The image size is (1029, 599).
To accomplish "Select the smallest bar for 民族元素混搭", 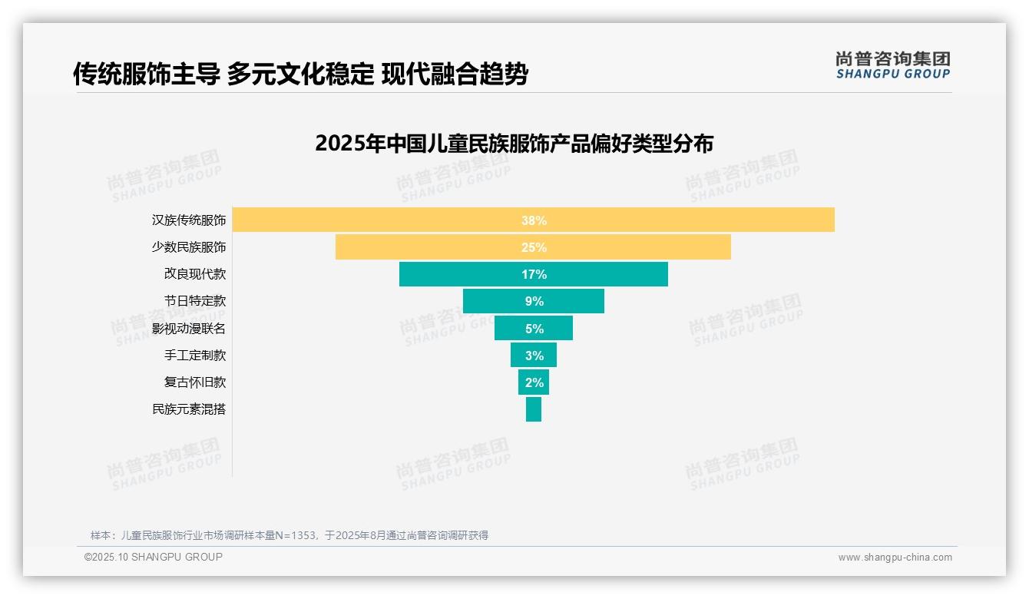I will (534, 409).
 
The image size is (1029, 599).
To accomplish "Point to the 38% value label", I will (534, 220).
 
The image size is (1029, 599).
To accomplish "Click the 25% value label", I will (534, 247).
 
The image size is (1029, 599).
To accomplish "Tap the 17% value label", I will (534, 274).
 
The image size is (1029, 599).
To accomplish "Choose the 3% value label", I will (534, 356).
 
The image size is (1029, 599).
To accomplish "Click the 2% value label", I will (534, 382).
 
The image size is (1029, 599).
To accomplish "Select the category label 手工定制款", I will (195, 356).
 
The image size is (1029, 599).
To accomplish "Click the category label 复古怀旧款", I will (195, 382).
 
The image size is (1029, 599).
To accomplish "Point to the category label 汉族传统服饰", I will (189, 220).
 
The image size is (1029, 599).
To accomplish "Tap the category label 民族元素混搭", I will (189, 409).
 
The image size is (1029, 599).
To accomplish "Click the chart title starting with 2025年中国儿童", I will (514, 144).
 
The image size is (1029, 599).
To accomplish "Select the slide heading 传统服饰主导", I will (300, 74).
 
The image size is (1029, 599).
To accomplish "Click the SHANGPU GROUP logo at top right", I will (892, 65).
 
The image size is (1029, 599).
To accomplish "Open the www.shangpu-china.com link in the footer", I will (895, 558).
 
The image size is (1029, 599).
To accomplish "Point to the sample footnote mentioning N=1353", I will (290, 535).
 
